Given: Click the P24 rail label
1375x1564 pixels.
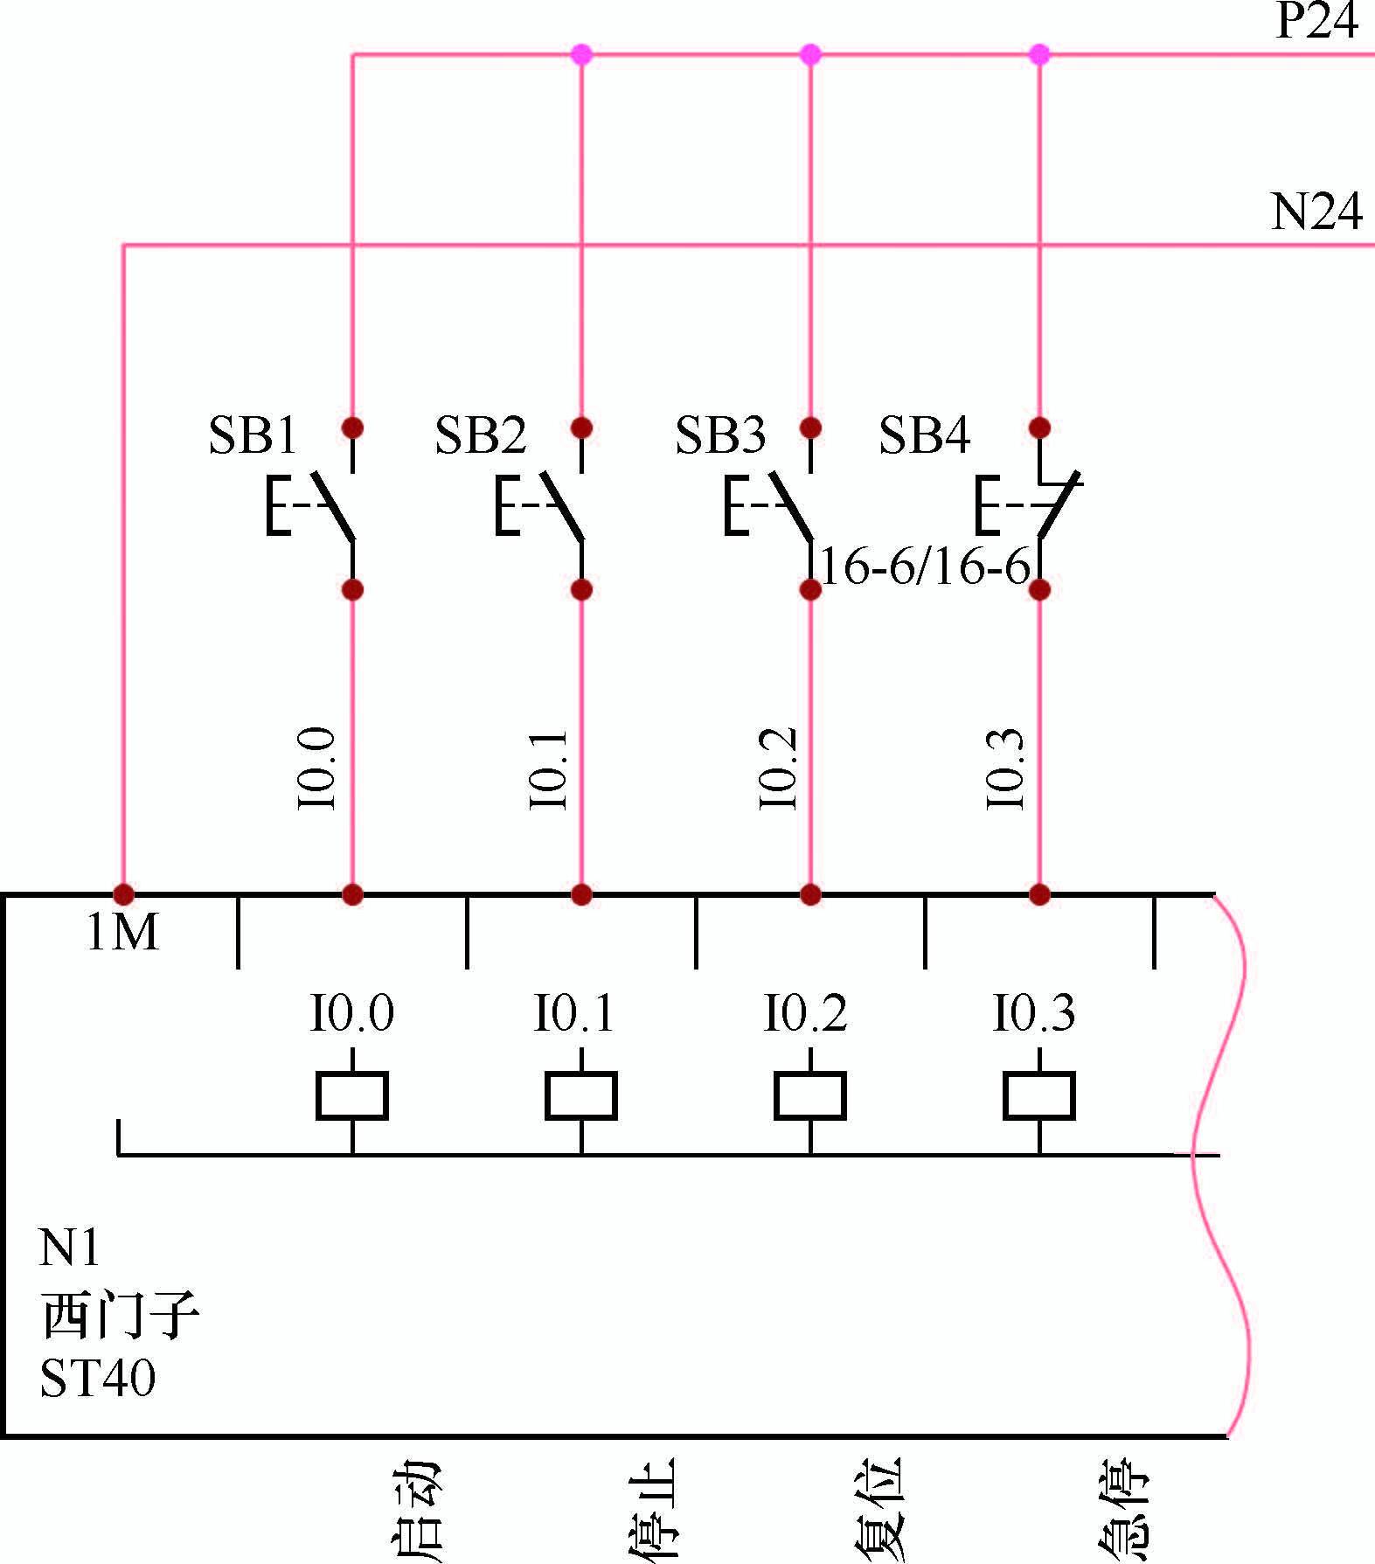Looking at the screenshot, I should click(x=1316, y=21).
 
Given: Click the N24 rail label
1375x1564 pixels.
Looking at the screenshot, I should click(x=1316, y=212).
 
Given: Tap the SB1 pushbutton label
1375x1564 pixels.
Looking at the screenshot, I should click(x=253, y=434).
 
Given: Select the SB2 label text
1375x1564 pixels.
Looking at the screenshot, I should click(x=480, y=434).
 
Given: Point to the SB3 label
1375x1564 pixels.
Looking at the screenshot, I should click(x=720, y=434).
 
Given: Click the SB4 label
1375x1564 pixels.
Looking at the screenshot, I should click(x=924, y=434).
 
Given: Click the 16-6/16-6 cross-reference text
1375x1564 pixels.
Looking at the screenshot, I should click(x=926, y=567).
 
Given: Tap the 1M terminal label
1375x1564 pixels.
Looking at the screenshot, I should click(x=122, y=933).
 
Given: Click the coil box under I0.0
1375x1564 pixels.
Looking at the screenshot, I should click(x=351, y=1095).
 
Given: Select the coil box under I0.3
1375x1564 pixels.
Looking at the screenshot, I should click(x=1038, y=1095).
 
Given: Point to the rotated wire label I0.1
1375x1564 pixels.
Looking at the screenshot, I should click(x=548, y=769).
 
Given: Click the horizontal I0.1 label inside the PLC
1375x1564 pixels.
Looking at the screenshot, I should click(x=574, y=1013).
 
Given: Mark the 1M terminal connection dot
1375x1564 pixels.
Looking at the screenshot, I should click(x=123, y=894).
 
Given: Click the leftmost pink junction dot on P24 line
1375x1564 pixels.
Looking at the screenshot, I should click(x=581, y=55).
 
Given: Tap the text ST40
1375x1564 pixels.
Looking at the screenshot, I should click(x=98, y=1378).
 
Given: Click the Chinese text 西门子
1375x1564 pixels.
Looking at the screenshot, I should click(x=120, y=1315).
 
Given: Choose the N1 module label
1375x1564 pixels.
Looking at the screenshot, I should click(x=69, y=1248).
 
